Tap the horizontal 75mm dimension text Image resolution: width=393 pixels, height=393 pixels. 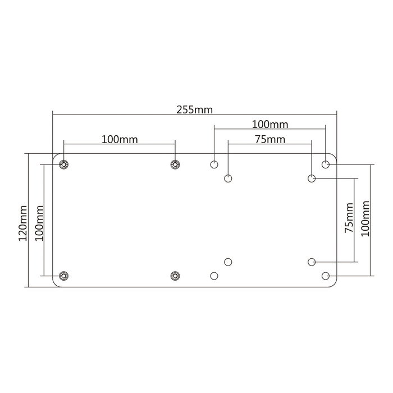click(269, 139)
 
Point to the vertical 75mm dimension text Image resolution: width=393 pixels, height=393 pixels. click(349, 219)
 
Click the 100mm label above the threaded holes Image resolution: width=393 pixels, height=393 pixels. click(120, 138)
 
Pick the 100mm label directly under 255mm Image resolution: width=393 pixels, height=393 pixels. click(269, 124)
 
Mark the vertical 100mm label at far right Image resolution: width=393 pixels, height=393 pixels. click(364, 219)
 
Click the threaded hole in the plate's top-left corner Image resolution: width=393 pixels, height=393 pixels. click(64, 164)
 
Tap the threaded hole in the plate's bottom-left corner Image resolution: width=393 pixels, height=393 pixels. click(64, 276)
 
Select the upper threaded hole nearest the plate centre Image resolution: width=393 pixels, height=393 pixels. click(175, 164)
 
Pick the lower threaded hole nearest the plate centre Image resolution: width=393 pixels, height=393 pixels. click(175, 276)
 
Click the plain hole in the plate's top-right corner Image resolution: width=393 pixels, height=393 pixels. click(326, 164)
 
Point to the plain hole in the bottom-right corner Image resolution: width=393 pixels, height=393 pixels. click(326, 276)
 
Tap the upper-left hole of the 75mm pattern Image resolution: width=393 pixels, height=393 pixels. click(228, 179)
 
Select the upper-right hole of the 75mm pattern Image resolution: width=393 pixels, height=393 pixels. click(312, 179)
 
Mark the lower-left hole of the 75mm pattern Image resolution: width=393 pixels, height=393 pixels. click(228, 262)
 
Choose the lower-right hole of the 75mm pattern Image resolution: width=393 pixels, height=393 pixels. click(312, 262)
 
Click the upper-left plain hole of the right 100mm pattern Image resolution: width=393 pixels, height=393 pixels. click(214, 164)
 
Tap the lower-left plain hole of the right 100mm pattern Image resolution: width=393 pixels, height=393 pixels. click(214, 276)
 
